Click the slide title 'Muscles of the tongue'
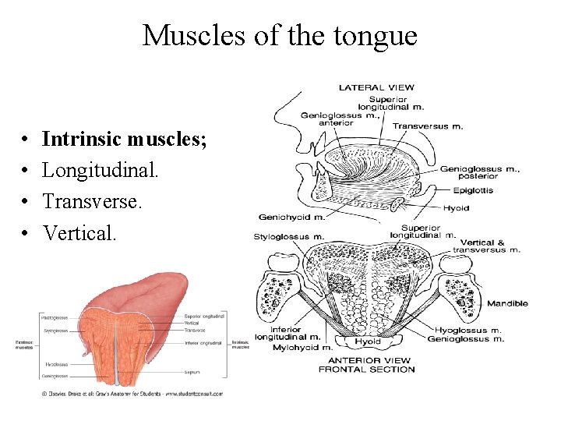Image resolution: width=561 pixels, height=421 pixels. click(x=280, y=35)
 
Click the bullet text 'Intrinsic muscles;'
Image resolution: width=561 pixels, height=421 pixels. click(x=124, y=139)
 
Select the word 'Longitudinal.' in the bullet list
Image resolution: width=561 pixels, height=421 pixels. click(x=101, y=170)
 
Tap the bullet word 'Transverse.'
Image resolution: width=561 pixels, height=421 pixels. click(x=93, y=201)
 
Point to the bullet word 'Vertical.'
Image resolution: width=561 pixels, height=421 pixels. click(x=79, y=232)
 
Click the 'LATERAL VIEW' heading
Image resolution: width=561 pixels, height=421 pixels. click(x=376, y=87)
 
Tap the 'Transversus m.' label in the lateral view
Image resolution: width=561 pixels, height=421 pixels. click(x=427, y=126)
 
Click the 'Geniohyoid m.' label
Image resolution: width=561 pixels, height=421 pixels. click(x=291, y=217)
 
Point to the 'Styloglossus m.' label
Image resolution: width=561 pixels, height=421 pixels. click(x=289, y=236)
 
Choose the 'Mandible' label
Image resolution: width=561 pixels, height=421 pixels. click(x=507, y=303)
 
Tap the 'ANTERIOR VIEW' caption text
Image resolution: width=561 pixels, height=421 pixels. click(x=365, y=360)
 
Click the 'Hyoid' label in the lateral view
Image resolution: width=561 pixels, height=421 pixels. click(x=456, y=208)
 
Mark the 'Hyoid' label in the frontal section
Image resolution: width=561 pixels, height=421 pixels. click(x=367, y=341)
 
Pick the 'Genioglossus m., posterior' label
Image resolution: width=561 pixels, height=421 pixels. click(x=470, y=172)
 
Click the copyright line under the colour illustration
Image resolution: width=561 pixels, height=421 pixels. click(x=132, y=394)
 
